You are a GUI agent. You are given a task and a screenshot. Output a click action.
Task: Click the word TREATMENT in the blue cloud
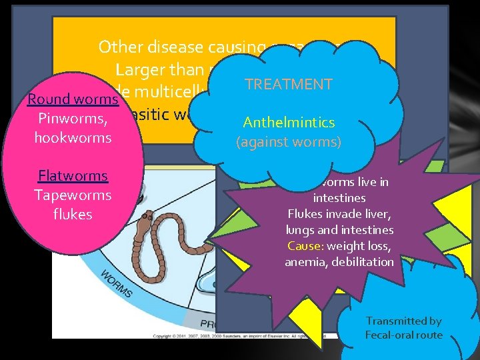coord(288,85)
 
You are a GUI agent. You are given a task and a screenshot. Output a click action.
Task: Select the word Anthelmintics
coord(289,123)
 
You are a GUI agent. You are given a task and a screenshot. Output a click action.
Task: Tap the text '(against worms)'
coord(289,141)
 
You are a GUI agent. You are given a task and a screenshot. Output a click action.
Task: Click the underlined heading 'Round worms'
coord(73,99)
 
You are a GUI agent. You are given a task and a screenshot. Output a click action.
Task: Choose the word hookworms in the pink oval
coord(73,138)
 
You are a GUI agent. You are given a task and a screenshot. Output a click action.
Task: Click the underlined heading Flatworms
coord(73,176)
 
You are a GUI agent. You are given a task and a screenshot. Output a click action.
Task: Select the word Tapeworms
coord(73,195)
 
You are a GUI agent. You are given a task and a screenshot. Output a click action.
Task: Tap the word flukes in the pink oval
coord(73,215)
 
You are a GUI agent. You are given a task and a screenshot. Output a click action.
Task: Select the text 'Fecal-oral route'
coord(403,335)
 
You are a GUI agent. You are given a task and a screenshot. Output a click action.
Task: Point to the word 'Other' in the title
coord(121,47)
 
